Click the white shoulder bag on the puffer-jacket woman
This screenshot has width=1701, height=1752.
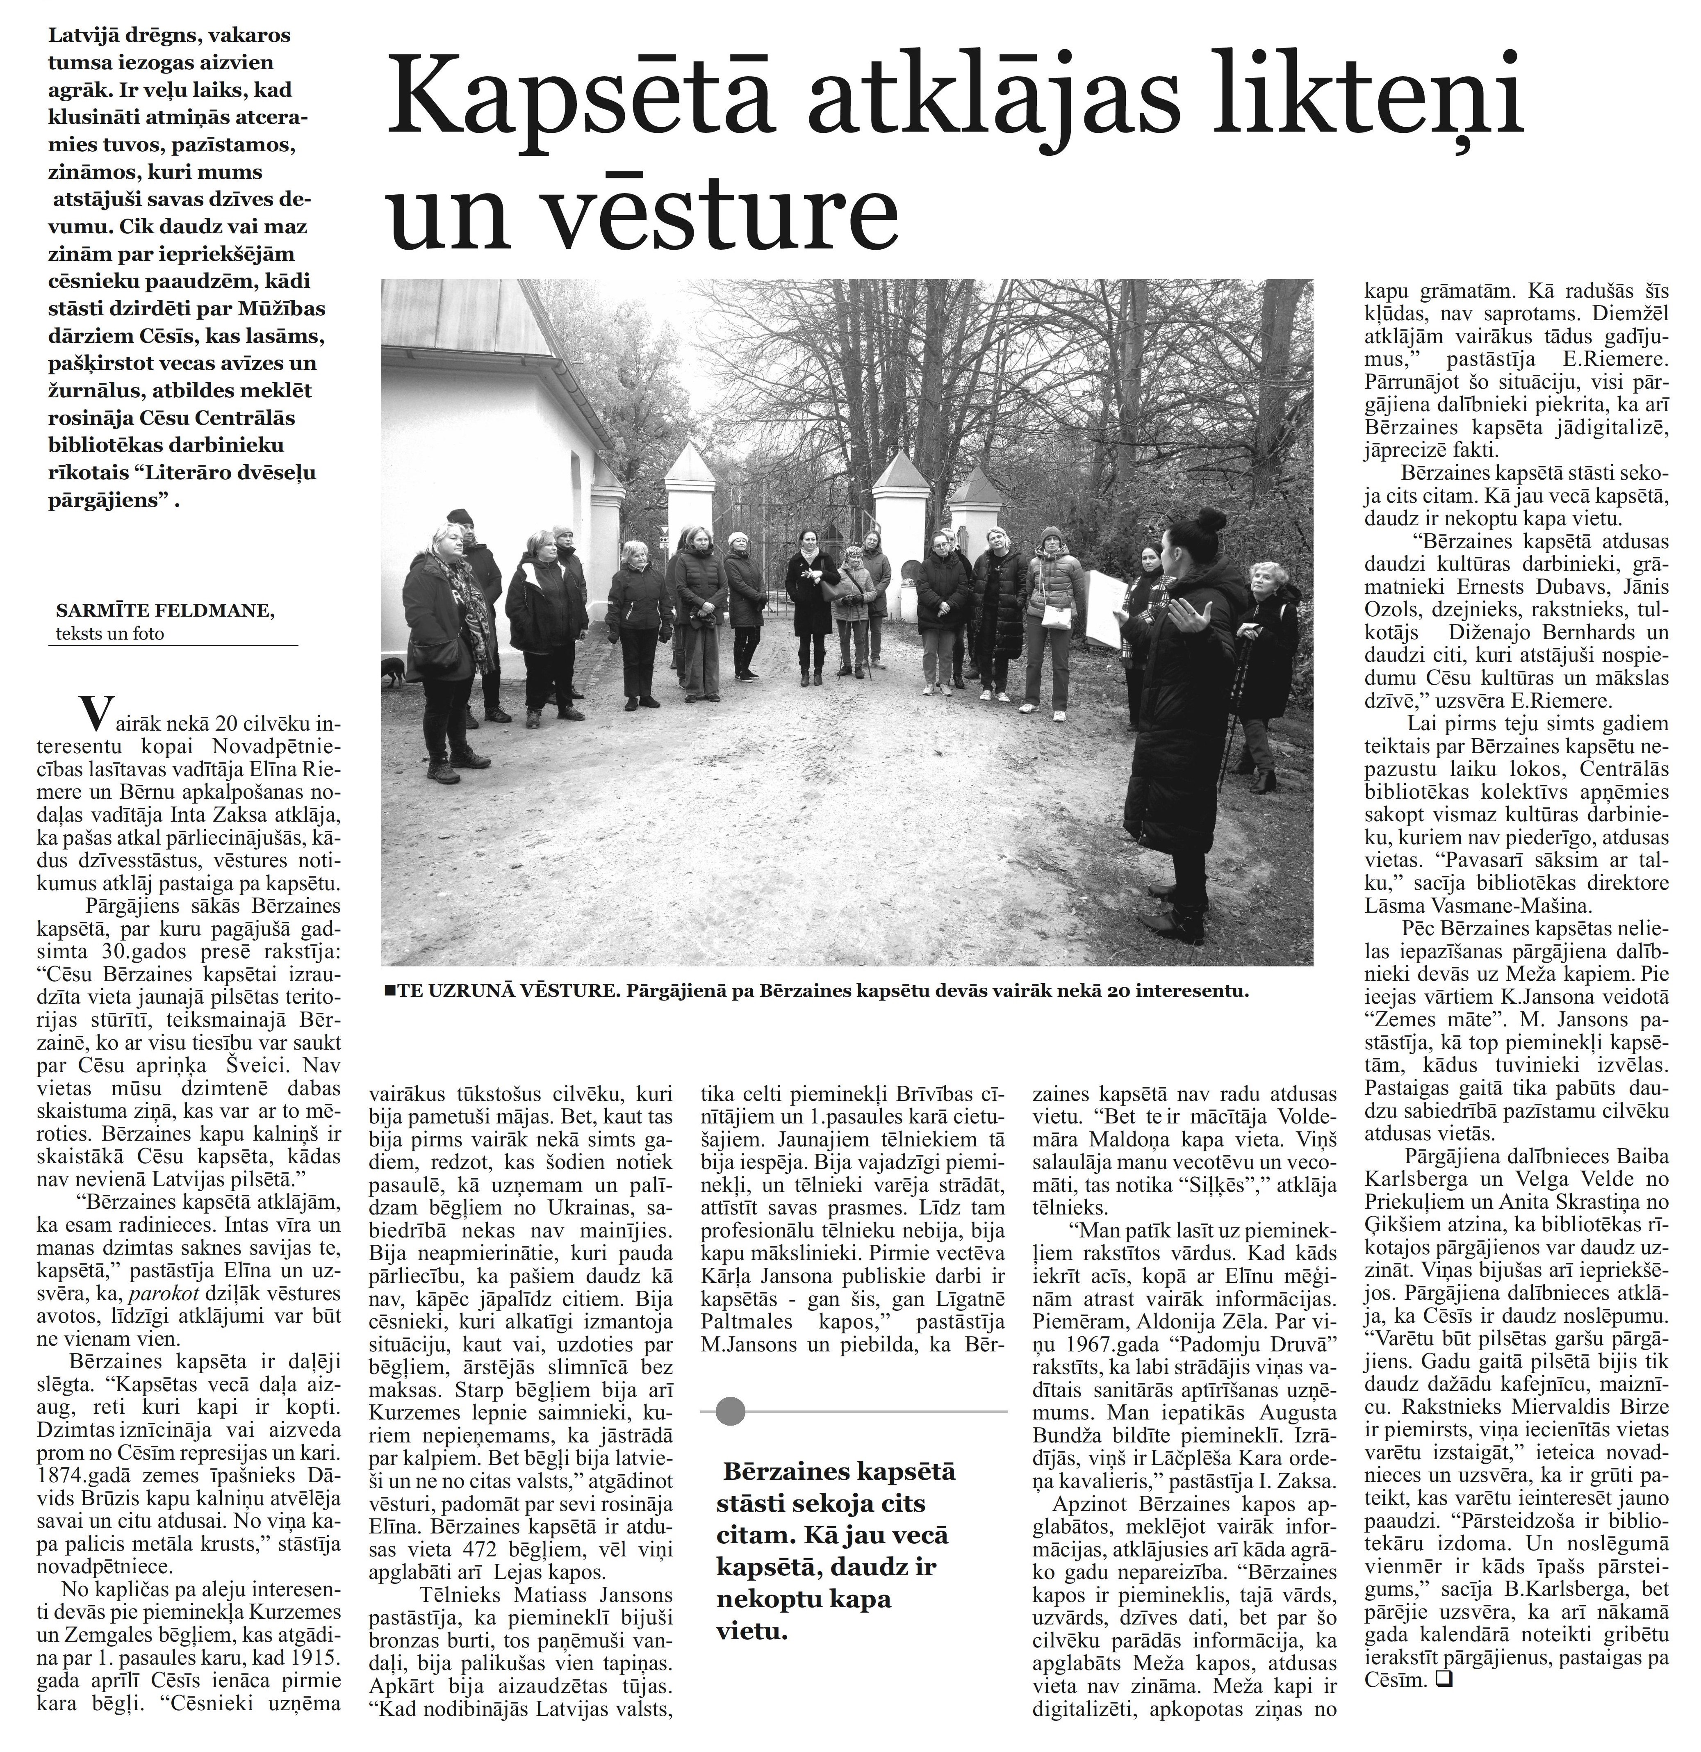pos(1055,615)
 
